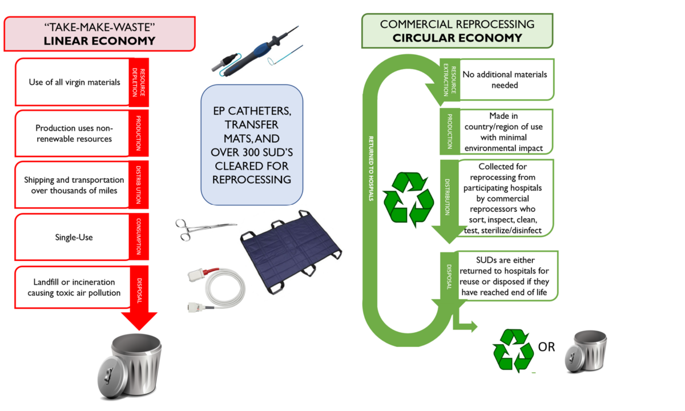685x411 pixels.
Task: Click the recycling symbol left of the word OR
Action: [x=513, y=349]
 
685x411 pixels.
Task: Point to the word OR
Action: [x=546, y=346]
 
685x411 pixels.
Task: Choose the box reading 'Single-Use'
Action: [x=73, y=237]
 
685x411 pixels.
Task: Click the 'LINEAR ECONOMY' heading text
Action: [x=100, y=41]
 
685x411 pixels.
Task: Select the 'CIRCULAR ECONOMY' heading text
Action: [x=457, y=38]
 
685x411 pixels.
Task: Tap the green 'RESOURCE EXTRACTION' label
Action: [x=450, y=80]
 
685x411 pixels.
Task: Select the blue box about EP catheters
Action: [x=252, y=144]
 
